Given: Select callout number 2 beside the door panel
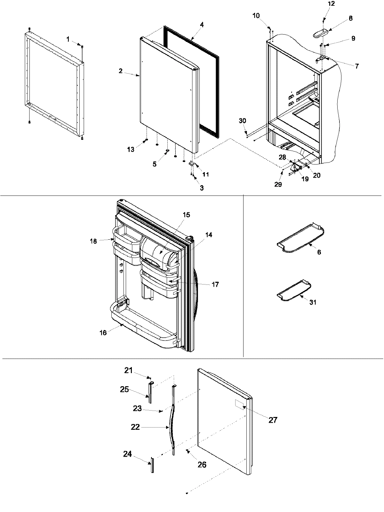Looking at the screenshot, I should point(121,71).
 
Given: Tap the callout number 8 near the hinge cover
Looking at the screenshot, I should point(351,18).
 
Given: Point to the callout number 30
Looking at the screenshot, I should point(243,121).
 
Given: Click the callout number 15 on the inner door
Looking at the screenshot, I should point(186,214).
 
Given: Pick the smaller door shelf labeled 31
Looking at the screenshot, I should point(293,290).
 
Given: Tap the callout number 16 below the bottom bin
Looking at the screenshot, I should point(103,333).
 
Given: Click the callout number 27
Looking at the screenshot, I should point(273,420).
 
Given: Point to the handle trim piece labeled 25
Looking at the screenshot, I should point(149,392).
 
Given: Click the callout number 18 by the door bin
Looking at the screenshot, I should point(93,241).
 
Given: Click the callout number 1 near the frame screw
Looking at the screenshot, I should point(68,39).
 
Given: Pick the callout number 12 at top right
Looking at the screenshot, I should point(332,4).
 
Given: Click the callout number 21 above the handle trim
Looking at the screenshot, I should point(128,370).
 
